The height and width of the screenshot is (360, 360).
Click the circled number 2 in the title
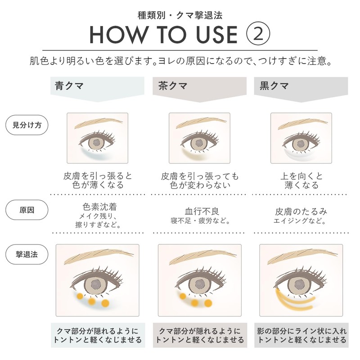[258, 34]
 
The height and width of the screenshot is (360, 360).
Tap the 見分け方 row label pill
[27, 125]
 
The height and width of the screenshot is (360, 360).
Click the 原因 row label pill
[27, 210]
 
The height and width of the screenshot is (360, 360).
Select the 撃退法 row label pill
[27, 254]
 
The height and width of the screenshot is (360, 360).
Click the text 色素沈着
[99, 207]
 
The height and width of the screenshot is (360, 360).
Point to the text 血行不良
[202, 211]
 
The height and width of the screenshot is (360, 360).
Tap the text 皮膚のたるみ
[301, 211]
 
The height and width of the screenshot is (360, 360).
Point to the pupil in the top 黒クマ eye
[300, 144]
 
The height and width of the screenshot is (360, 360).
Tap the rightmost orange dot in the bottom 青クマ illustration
[105, 303]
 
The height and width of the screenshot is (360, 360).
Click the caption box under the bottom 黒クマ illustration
[301, 335]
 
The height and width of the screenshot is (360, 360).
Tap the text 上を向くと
[301, 176]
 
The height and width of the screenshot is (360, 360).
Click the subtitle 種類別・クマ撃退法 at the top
[180, 15]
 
